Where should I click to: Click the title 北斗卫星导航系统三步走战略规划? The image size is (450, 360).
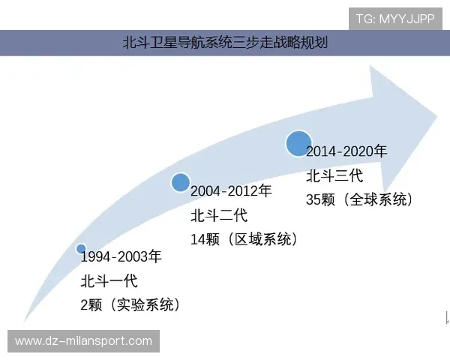[225, 43]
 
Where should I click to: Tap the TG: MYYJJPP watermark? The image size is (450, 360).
[394, 19]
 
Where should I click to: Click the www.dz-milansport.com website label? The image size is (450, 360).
[83, 341]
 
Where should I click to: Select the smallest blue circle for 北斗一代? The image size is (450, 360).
[81, 249]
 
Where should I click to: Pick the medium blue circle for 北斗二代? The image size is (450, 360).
[180, 182]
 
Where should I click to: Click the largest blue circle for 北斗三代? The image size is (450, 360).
[298, 142]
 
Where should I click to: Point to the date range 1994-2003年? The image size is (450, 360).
[121, 257]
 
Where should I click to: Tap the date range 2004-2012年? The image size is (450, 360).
[231, 191]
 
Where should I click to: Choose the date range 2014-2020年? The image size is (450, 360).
[346, 151]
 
